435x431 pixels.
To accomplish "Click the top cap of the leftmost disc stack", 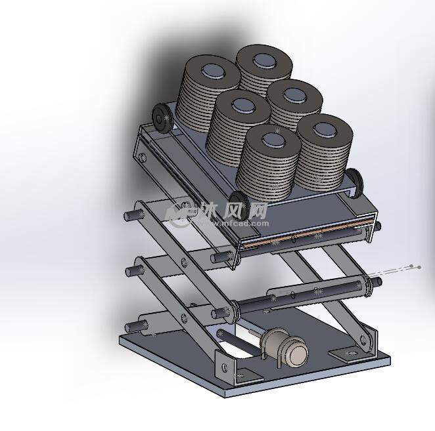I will [x=211, y=70].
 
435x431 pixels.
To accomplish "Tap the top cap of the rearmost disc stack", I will [x=266, y=60].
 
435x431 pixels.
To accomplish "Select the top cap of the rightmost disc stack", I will [x=325, y=129].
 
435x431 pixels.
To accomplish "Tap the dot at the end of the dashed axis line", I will [x=412, y=266].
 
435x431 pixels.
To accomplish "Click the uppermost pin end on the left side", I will [x=129, y=215].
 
